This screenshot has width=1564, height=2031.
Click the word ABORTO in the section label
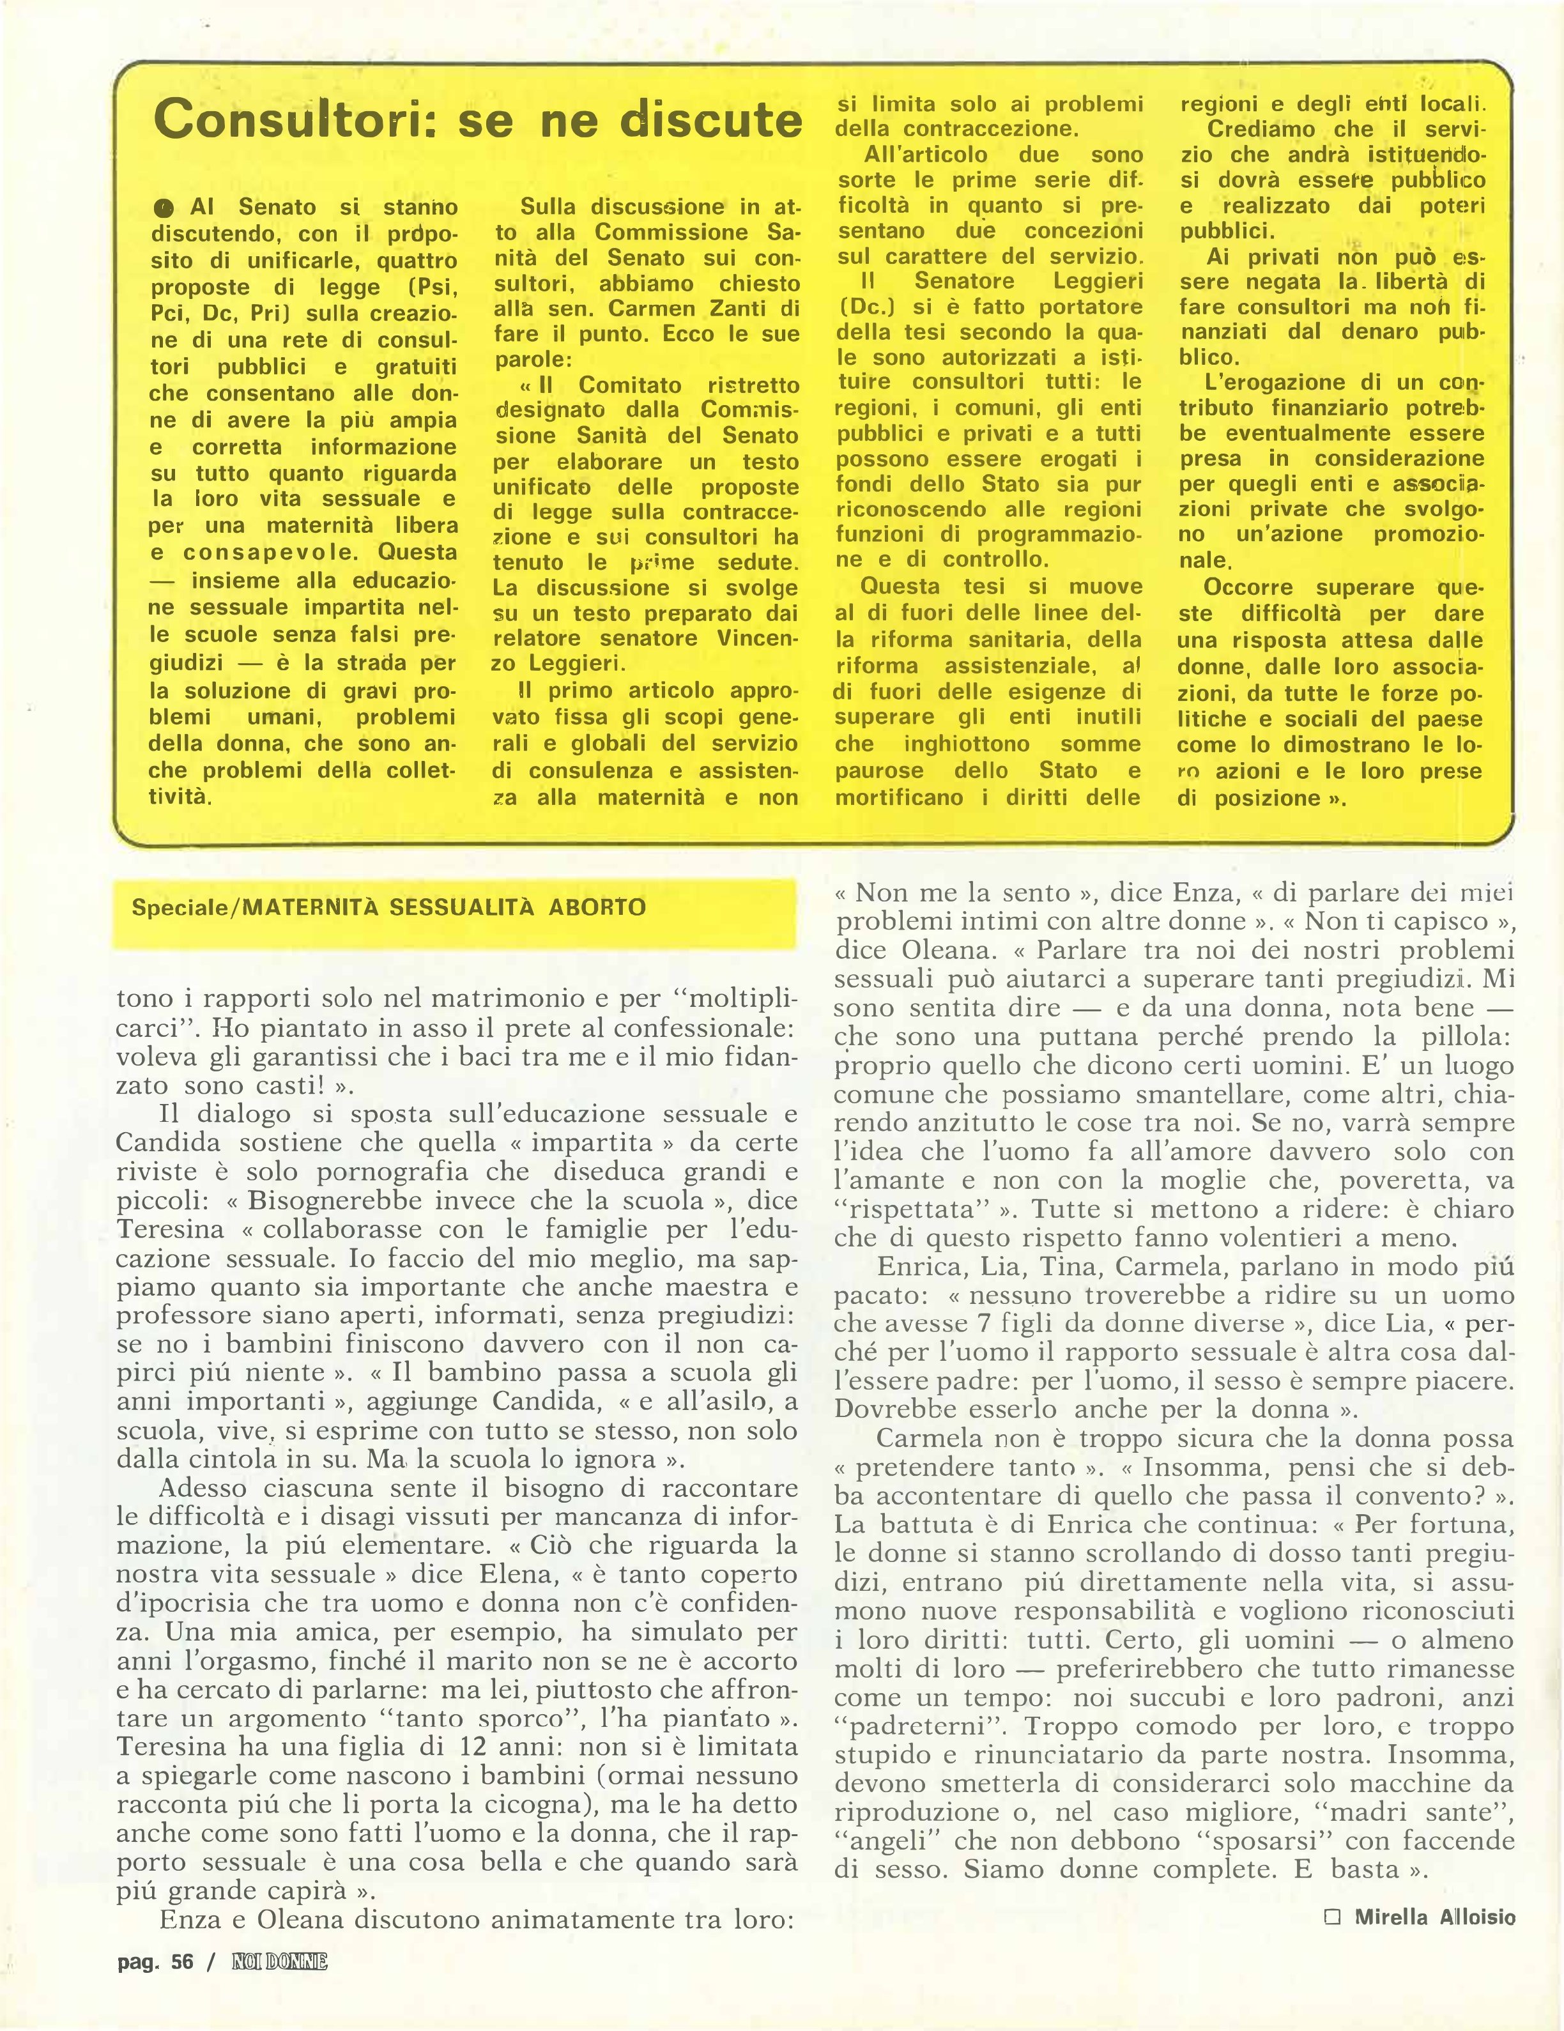597,908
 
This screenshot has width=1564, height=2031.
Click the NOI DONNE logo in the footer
280,1962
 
